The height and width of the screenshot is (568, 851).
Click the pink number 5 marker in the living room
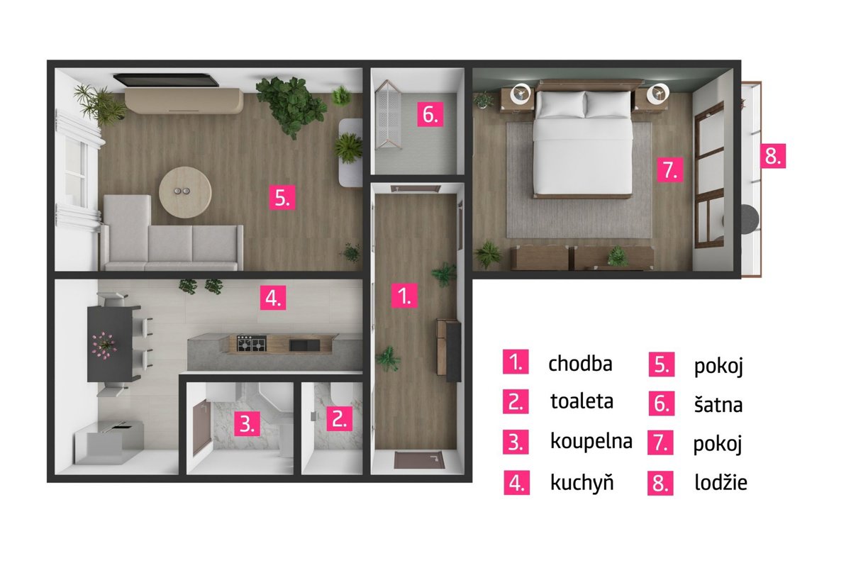(x=282, y=197)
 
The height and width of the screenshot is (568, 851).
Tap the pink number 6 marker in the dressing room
(x=430, y=113)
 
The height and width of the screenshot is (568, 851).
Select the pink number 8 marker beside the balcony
(x=773, y=156)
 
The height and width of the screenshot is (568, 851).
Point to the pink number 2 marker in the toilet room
(x=339, y=418)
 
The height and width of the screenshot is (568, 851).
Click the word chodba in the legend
(x=580, y=364)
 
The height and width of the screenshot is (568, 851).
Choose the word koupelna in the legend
(x=591, y=442)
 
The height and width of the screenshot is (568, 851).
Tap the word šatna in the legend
(x=718, y=404)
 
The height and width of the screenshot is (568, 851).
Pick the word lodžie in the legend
(x=721, y=482)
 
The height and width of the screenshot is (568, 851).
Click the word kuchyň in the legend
(x=582, y=481)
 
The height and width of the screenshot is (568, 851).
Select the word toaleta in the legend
(x=582, y=401)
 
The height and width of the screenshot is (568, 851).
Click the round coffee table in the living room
(x=185, y=192)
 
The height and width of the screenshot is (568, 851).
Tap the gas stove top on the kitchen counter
(x=252, y=343)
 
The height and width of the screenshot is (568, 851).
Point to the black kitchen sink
(x=304, y=345)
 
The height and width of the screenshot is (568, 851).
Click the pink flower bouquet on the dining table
(x=104, y=345)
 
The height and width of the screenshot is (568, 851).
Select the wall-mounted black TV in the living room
(x=166, y=80)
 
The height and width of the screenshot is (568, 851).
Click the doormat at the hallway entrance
(x=419, y=460)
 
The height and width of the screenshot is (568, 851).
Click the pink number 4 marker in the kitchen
(x=273, y=298)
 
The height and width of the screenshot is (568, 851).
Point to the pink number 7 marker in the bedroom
(x=670, y=169)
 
